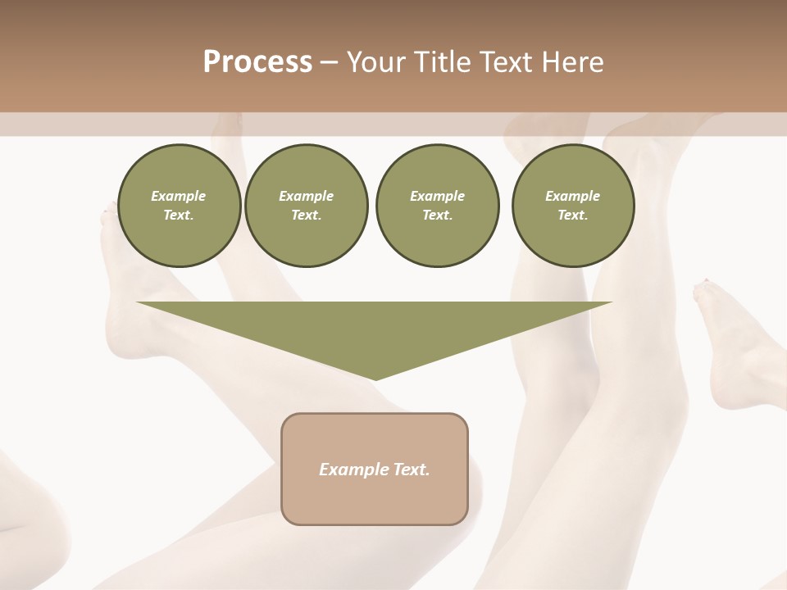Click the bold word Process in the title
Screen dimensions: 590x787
257,61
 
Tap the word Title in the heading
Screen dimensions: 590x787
444,61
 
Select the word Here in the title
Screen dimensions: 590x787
572,61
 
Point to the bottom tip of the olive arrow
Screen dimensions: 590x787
375,379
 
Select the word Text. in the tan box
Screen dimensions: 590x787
412,470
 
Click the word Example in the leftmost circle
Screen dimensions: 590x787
179,196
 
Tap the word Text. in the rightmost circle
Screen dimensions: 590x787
572,215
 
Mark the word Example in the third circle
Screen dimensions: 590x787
437,196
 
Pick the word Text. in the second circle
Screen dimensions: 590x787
306,215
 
